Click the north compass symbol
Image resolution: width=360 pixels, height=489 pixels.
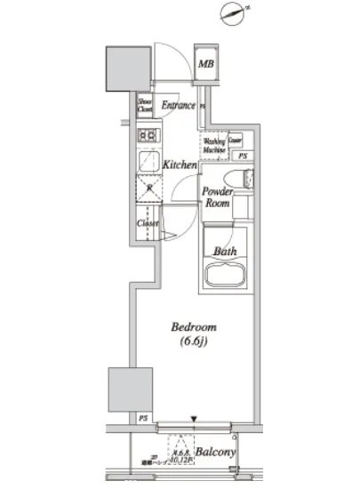[234, 14]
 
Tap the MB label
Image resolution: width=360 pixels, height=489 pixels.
[205, 64]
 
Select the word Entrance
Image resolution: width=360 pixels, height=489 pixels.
[178, 107]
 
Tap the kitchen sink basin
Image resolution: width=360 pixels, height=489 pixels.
[147, 189]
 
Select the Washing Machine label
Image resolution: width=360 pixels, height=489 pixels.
[214, 145]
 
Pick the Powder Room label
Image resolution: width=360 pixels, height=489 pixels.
[218, 197]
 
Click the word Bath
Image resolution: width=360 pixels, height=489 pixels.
[223, 252]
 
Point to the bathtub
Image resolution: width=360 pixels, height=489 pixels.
[228, 275]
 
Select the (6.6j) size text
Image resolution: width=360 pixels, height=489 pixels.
[193, 342]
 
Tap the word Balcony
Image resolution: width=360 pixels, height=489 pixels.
[215, 453]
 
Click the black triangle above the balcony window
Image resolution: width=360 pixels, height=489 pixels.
[194, 418]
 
